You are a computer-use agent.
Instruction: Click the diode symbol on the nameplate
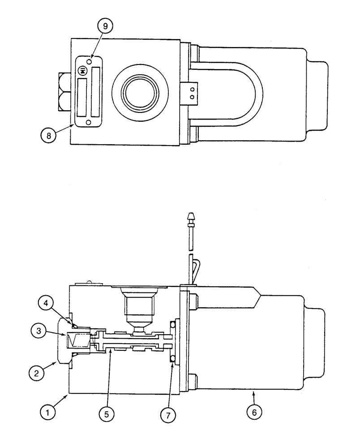[x=82, y=71]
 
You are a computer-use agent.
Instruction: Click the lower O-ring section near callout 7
[x=171, y=358]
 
